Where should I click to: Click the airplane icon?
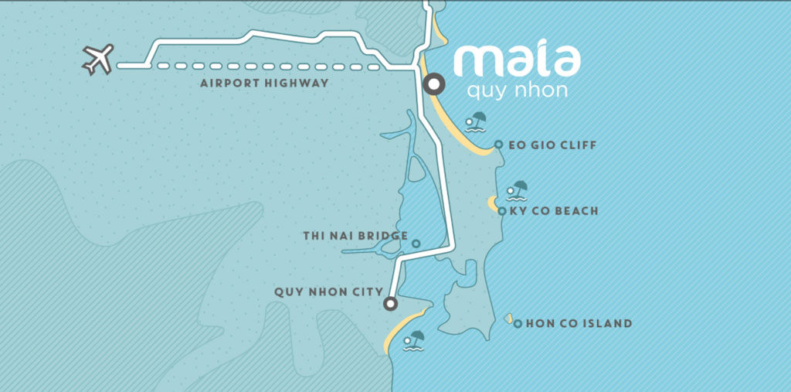tap(98, 60)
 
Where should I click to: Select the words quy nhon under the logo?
tap(517, 91)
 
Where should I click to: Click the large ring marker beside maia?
tap(433, 84)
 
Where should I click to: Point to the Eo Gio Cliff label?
tap(553, 145)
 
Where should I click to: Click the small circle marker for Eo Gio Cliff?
tap(498, 145)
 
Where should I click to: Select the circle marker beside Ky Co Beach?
tap(502, 211)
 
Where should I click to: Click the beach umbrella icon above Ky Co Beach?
tap(517, 190)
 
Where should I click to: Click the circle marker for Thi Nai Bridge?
tap(416, 244)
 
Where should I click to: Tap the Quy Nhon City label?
tap(329, 292)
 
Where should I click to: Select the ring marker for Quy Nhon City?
tap(391, 304)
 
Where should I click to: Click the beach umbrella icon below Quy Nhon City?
tap(416, 340)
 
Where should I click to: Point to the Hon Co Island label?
tap(579, 324)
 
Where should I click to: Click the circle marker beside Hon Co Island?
tap(518, 324)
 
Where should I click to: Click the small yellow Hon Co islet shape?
tap(508, 319)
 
